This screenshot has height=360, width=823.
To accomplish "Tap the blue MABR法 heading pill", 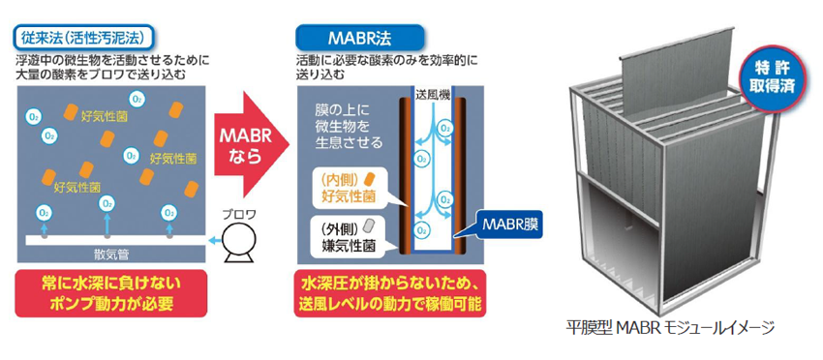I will [359, 39].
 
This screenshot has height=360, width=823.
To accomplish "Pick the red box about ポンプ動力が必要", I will [111, 294].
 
